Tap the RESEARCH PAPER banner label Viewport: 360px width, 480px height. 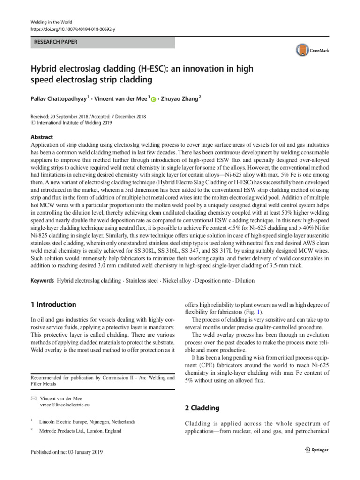coord(55,42)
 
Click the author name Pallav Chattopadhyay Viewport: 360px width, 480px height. coord(60,98)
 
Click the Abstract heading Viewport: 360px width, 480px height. coord(41,137)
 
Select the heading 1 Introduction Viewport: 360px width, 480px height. coord(52,304)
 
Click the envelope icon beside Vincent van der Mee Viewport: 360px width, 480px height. coord(33,397)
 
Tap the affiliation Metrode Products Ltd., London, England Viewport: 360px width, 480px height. coord(80,431)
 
